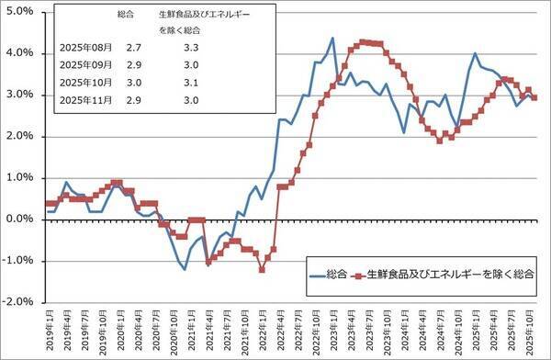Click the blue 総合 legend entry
coord(325,274)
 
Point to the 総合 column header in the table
coord(129,16)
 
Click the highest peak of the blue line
coord(332,38)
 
